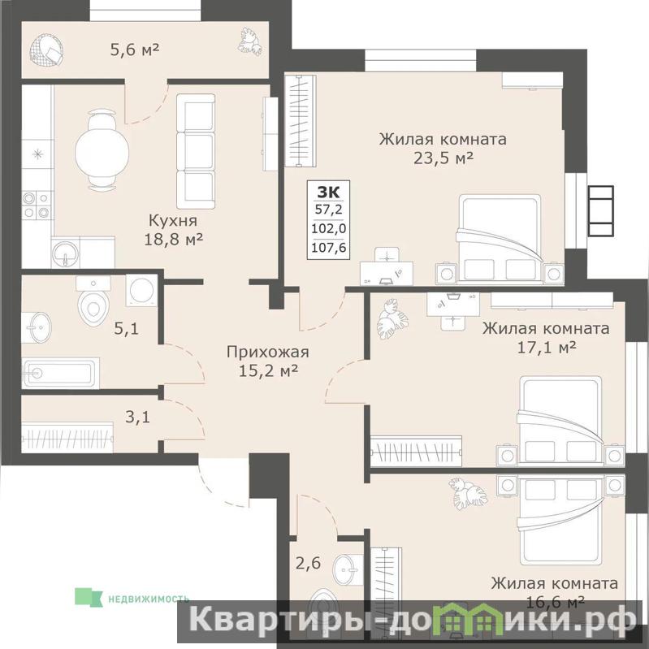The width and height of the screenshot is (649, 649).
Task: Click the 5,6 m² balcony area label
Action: point(135,50)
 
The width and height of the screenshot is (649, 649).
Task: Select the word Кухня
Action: point(173,221)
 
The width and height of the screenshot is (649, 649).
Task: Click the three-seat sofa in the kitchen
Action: point(196,151)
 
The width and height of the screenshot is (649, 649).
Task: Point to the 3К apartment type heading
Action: point(328,193)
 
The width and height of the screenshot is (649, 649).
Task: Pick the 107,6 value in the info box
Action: point(329,248)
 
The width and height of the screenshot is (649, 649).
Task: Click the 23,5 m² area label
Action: point(443,158)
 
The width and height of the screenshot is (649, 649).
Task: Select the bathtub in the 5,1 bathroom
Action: point(60,373)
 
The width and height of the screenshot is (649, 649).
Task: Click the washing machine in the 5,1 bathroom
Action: point(141,290)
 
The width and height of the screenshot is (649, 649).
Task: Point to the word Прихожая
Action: point(268,353)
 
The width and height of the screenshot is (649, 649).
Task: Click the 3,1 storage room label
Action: point(137,418)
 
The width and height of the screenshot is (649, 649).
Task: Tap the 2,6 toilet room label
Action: point(308,564)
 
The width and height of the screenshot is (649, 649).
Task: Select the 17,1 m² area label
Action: point(547,348)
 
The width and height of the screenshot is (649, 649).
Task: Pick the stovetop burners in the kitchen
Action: point(37,206)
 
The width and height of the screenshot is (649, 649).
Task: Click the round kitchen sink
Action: point(65,252)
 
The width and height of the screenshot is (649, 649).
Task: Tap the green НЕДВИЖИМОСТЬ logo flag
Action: point(89,598)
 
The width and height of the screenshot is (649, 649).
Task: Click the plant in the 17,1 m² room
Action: point(392,318)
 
